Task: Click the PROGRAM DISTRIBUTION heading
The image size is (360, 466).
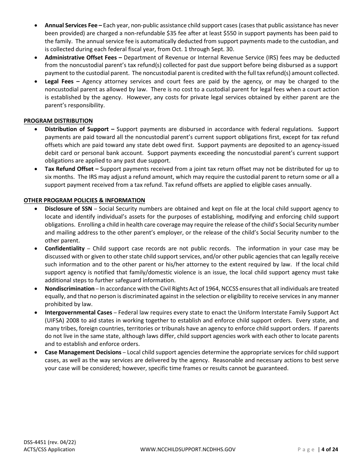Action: tap(58, 121)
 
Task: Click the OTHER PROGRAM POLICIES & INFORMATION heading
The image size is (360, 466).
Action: tap(84, 200)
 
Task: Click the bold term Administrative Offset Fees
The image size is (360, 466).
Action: tap(83, 58)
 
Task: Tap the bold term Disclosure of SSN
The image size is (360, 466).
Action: tap(68, 209)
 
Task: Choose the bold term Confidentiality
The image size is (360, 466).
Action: tap(64, 249)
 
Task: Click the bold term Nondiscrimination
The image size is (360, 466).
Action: tap(69, 289)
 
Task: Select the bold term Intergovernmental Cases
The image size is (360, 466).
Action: tap(78, 313)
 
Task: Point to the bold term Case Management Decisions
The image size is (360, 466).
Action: tap(83, 352)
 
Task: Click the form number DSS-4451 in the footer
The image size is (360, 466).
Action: tap(36, 442)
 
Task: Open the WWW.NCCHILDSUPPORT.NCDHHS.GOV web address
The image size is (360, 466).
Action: tap(188, 450)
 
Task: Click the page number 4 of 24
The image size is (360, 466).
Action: tap(329, 450)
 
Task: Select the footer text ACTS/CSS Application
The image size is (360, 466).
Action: tap(49, 450)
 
